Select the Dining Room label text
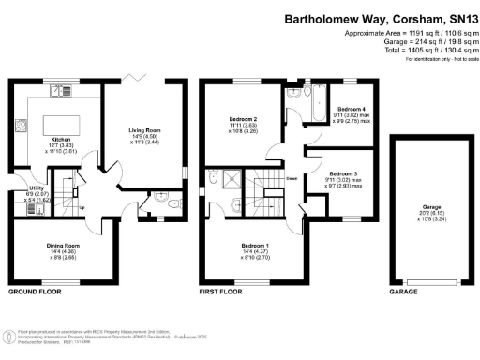coord(63,246)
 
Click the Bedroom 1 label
coord(252,246)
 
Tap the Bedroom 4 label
coord(353,109)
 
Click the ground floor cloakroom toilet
coord(166,200)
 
